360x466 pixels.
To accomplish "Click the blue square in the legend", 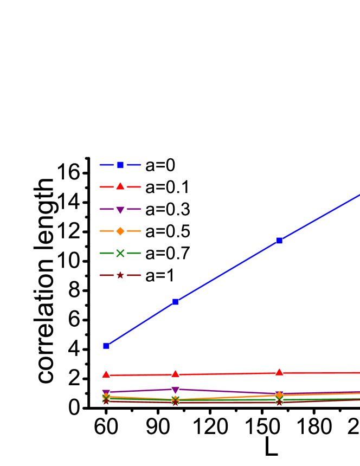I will (120, 165).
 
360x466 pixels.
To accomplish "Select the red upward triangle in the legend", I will (120, 186).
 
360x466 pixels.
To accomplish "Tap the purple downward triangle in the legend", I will (120, 210).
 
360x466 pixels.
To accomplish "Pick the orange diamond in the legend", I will (120, 231).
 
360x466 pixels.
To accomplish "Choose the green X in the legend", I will (120, 253).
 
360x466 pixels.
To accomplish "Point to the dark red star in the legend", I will (120, 275).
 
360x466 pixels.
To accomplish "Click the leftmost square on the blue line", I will (106, 345).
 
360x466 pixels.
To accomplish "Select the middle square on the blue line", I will (176, 302).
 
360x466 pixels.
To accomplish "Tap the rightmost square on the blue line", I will (279, 240).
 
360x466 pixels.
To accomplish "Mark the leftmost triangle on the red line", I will (106, 374).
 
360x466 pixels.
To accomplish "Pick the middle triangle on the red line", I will (176, 374).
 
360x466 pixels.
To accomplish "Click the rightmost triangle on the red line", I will (279, 372).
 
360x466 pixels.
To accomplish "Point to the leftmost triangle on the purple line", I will (106, 392).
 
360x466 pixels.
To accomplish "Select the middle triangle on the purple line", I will (176, 390).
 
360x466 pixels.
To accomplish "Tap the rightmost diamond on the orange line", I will (279, 395).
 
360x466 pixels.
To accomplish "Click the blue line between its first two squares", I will (141, 323).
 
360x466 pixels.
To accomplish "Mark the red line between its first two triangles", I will (141, 374).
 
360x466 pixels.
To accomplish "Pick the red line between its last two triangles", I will (228, 373).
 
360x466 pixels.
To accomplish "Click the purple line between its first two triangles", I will (141, 390).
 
